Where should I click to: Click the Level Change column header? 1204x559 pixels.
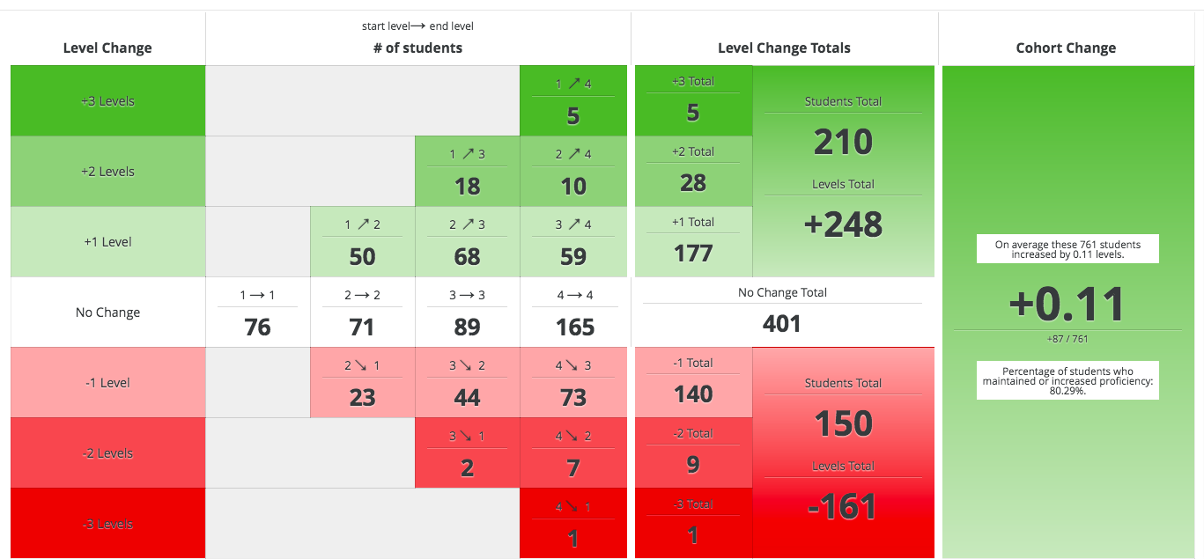tap(107, 48)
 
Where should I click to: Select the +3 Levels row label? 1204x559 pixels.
tap(107, 101)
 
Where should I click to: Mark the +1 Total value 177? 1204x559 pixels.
tap(693, 254)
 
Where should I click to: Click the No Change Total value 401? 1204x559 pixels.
tap(781, 324)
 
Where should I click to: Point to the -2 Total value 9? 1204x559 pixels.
tap(693, 464)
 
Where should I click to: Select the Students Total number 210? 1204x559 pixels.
tap(843, 142)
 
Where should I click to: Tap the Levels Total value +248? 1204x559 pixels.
tap(843, 224)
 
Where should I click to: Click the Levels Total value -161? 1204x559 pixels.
tap(843, 506)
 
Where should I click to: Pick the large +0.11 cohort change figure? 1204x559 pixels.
tap(1066, 305)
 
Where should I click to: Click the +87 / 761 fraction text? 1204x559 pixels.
tap(1066, 339)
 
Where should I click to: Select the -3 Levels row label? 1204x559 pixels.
tap(107, 524)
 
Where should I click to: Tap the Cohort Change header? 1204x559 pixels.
tap(1066, 48)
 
